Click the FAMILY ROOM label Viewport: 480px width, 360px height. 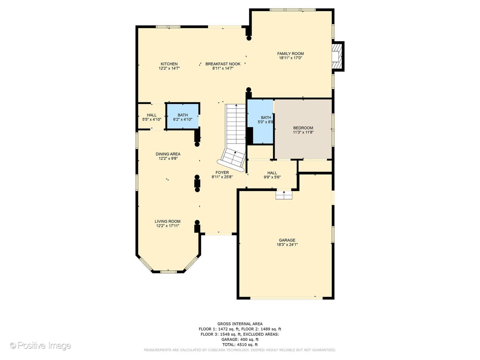tap(290, 54)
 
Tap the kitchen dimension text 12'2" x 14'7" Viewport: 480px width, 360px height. tap(169, 68)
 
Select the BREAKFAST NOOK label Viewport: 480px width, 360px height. tap(223, 64)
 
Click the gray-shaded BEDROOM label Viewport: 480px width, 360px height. tap(303, 128)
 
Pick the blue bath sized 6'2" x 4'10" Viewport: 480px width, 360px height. tap(183, 117)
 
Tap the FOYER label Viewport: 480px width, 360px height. tap(222, 173)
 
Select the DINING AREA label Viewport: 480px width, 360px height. tap(168, 154)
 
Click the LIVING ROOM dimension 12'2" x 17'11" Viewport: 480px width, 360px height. tap(168, 226)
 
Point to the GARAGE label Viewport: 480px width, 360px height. tap(287, 240)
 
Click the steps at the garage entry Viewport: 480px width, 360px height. tap(284, 195)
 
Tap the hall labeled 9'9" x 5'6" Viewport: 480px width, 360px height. tap(272, 175)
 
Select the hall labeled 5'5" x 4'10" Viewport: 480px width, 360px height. tap(152, 117)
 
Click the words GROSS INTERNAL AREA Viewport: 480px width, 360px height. tap(240, 324)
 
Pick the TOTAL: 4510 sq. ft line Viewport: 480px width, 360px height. tap(240, 345)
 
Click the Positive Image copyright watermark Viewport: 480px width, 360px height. tap(40, 346)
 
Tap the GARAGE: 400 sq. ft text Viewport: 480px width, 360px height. tap(240, 339)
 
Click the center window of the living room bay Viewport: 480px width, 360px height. tap(168, 272)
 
